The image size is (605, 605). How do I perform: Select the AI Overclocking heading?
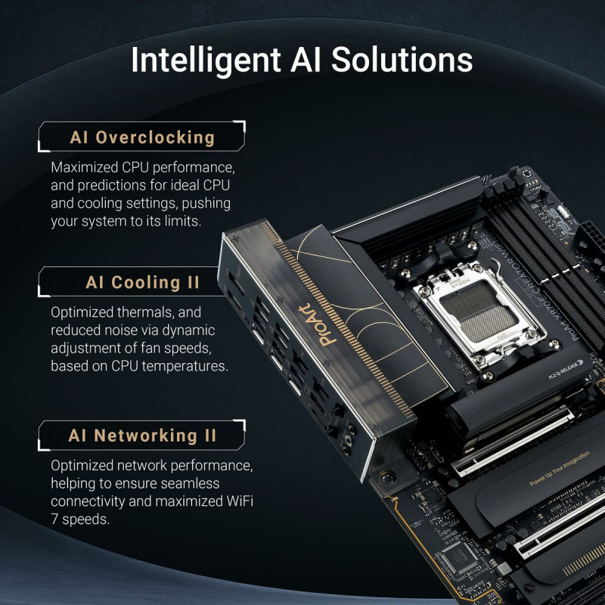(142, 137)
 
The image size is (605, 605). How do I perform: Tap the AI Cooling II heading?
(142, 283)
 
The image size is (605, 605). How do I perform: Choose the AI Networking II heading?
(142, 436)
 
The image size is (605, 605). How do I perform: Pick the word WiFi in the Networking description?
(238, 501)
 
